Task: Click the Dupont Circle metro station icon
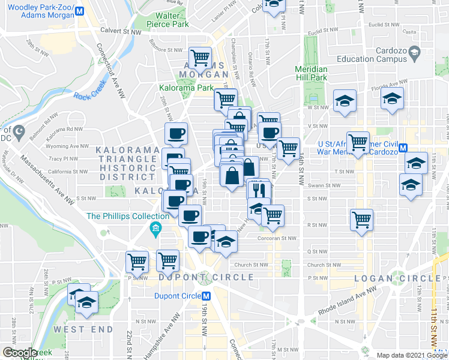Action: tap(206, 296)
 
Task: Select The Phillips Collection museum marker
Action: tap(155, 229)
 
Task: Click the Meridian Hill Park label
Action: tap(311, 73)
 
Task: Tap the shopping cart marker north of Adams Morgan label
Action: tap(200, 57)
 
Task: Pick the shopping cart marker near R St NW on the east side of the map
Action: tap(361, 219)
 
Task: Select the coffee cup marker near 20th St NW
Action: tap(176, 133)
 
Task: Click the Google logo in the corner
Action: tap(20, 353)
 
